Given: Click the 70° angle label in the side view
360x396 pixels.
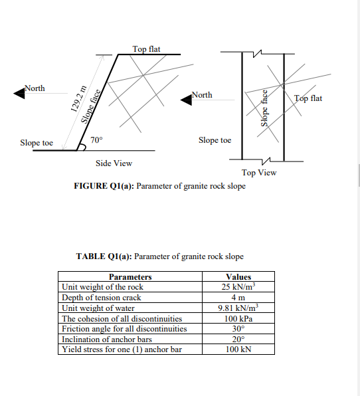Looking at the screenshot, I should click(96, 140).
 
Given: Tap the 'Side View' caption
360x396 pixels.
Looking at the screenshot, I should click(114, 163).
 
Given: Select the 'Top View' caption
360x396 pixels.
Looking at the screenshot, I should click(259, 173).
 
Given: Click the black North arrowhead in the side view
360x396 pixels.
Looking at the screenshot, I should click(20, 94).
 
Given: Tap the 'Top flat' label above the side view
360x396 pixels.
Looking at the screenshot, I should click(146, 49).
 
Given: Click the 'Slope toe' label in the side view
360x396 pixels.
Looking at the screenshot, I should click(37, 143).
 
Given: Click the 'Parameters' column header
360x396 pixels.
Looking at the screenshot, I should click(130, 277).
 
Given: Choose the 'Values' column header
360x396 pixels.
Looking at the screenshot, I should click(238, 277).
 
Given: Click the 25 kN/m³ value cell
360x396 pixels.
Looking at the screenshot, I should click(238, 287).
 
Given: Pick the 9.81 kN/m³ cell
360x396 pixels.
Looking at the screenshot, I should click(238, 308).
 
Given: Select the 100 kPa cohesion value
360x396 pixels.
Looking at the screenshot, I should click(238, 318).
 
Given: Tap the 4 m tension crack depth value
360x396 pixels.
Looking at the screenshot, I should click(238, 298).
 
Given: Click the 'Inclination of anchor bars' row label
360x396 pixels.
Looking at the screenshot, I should click(106, 339).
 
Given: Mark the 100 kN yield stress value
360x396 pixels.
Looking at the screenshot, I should click(238, 349).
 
